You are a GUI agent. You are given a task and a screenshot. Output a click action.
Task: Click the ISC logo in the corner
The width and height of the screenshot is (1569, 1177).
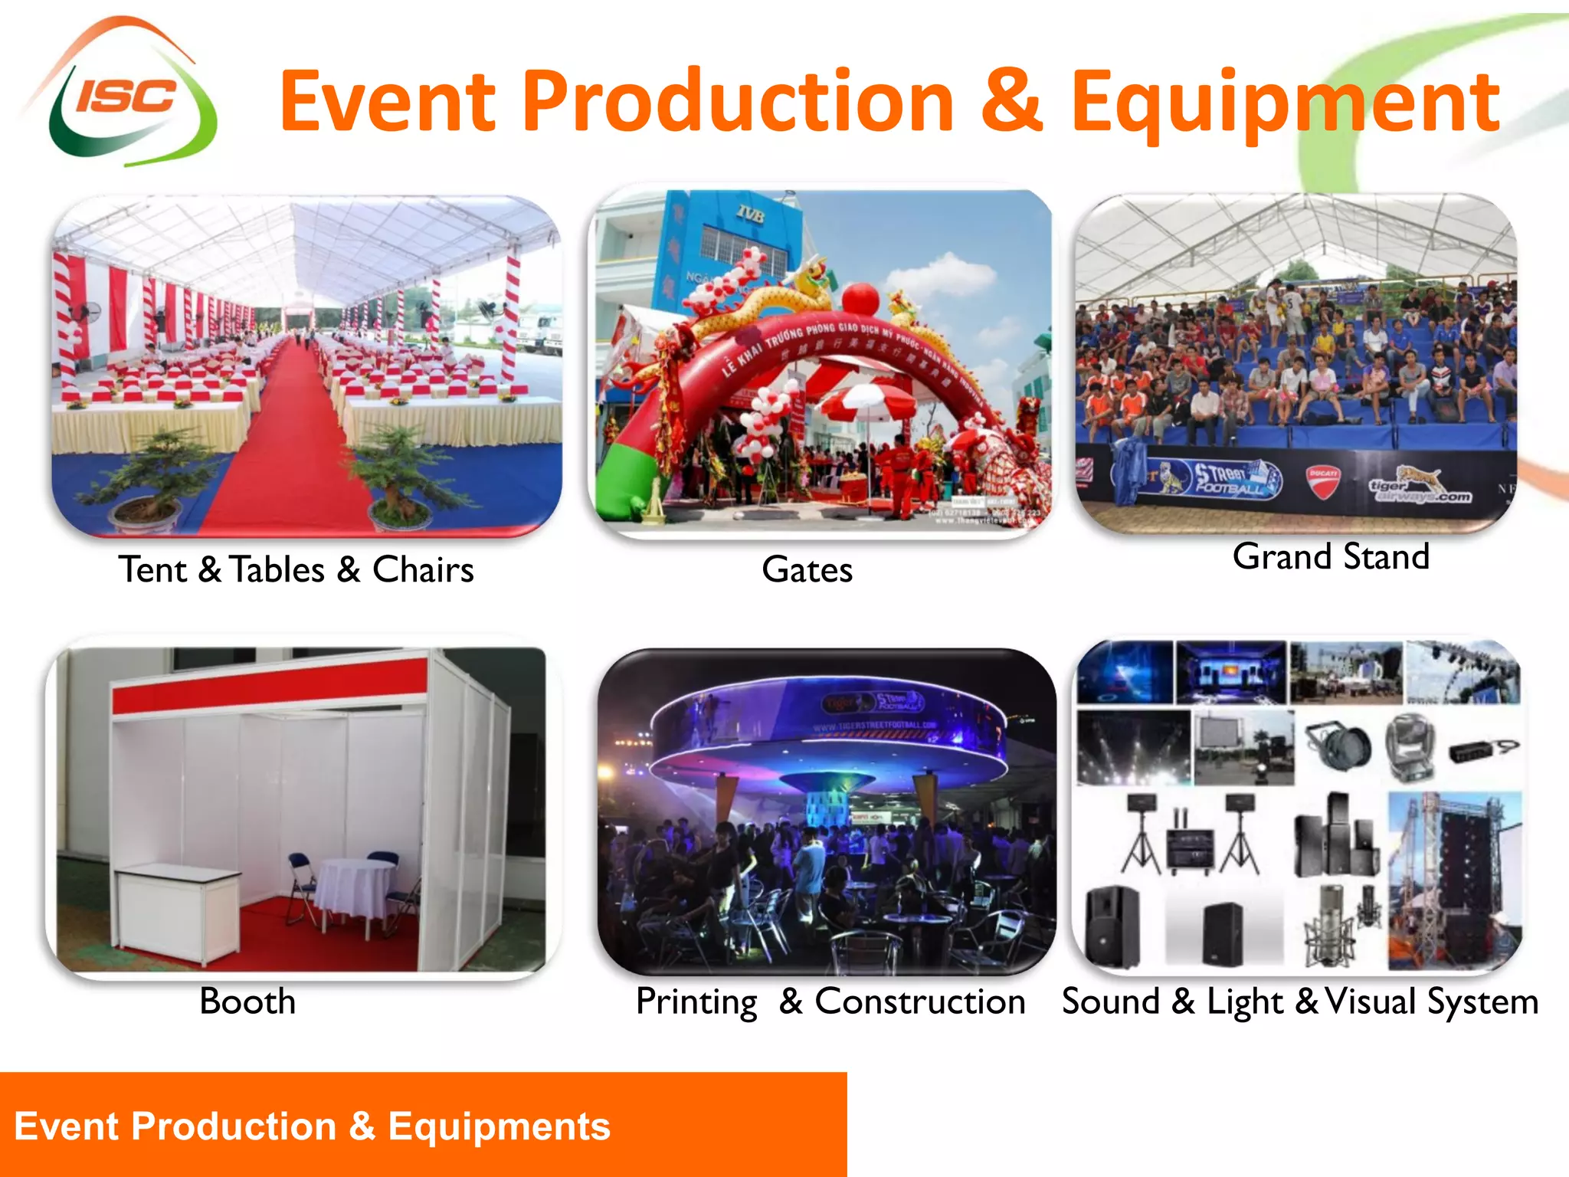point(123,96)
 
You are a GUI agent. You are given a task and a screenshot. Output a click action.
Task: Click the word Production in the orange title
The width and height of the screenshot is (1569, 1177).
point(739,101)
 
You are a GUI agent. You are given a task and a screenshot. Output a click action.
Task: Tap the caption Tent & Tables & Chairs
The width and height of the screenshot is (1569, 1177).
point(296,569)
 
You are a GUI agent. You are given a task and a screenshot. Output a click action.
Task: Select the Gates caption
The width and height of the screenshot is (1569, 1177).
point(807,569)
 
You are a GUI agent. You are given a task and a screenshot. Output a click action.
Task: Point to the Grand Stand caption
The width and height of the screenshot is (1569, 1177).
point(1331,556)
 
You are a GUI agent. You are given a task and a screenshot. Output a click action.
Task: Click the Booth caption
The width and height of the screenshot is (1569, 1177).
point(247,1001)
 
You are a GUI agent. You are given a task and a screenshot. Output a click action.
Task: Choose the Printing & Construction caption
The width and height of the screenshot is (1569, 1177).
point(830,1001)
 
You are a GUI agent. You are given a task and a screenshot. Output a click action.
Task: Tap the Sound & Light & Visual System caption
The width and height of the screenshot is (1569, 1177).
point(1300,1001)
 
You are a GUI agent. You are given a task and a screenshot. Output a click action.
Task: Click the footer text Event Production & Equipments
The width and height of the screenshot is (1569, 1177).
point(312,1126)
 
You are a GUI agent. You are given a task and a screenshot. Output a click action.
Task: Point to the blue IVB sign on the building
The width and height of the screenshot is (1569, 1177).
point(750,215)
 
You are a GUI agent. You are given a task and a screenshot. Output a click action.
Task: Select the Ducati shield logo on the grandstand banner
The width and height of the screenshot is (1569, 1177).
point(1322,480)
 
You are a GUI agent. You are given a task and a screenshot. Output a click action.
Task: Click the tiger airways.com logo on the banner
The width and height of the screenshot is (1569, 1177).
point(1420,487)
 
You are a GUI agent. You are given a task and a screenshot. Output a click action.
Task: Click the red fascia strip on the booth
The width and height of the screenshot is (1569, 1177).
point(269,686)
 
